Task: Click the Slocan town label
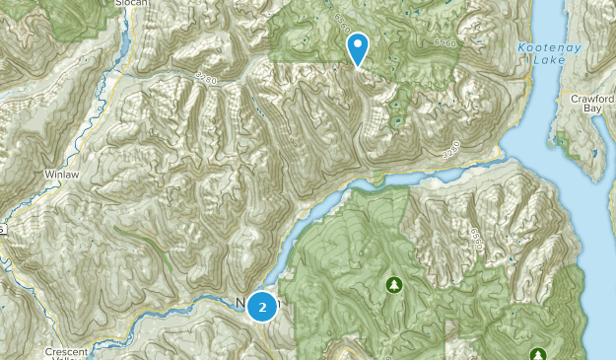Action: [129, 3]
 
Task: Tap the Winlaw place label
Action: [61, 173]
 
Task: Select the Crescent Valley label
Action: [67, 352]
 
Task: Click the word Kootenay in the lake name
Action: [542, 47]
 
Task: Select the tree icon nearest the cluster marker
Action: [394, 285]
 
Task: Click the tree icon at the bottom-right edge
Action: [537, 354]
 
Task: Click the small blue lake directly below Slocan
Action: [124, 44]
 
